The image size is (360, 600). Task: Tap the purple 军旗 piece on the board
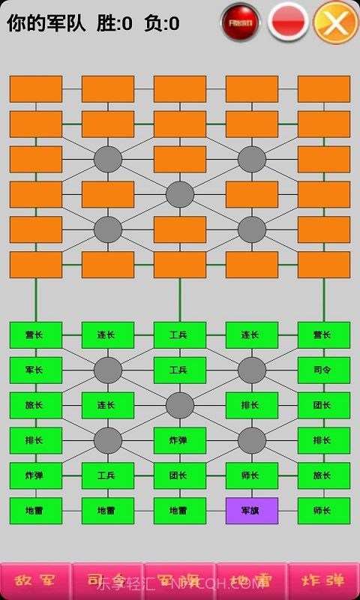(x=252, y=511)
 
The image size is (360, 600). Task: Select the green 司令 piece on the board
(x=324, y=370)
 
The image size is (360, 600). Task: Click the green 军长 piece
(x=36, y=370)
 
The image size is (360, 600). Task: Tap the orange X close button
(x=336, y=22)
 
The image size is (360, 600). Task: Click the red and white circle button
(x=289, y=22)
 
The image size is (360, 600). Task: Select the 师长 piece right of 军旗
(x=324, y=511)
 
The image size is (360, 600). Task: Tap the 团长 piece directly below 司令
(x=324, y=405)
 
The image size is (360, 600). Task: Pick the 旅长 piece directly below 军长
(x=36, y=405)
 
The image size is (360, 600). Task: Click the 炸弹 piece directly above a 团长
(x=180, y=440)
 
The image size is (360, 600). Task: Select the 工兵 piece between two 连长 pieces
(x=180, y=334)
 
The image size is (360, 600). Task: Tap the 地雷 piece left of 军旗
(x=180, y=511)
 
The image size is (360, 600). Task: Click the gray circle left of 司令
(x=252, y=370)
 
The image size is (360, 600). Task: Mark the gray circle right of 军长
(x=108, y=370)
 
